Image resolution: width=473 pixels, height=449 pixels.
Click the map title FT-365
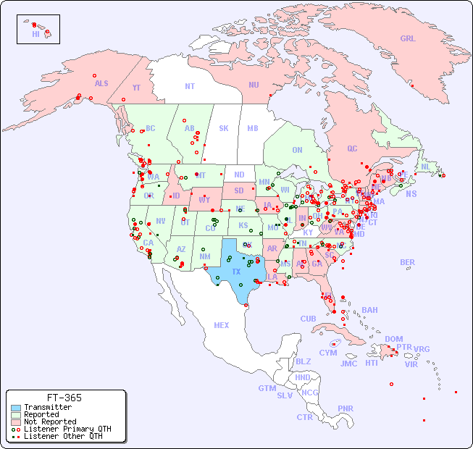point(64,398)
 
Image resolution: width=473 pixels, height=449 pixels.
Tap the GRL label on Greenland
point(408,39)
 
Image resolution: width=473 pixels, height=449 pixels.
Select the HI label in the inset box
point(35,34)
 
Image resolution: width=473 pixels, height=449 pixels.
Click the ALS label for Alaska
point(101,84)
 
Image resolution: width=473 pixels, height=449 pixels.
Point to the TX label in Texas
point(236,272)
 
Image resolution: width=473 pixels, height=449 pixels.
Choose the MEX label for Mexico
point(222,325)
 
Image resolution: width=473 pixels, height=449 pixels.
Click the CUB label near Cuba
point(309,319)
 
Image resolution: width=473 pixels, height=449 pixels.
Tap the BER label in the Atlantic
point(408,262)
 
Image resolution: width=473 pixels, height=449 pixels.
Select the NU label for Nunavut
point(254,85)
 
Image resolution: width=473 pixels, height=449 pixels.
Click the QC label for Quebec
point(352,148)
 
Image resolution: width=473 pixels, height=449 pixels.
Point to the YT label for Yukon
point(136,88)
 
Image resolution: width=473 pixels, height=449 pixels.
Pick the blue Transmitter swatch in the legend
point(16,408)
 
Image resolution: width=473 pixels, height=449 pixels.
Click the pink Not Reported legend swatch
point(16,421)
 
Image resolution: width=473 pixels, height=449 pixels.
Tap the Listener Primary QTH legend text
point(67,429)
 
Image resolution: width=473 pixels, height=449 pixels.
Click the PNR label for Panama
point(346,408)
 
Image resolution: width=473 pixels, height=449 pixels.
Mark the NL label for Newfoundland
point(425,167)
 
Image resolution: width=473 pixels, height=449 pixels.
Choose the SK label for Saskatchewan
point(224,128)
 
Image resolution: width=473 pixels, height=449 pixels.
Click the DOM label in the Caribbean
point(393,339)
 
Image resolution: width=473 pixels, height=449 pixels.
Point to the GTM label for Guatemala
point(267,388)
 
